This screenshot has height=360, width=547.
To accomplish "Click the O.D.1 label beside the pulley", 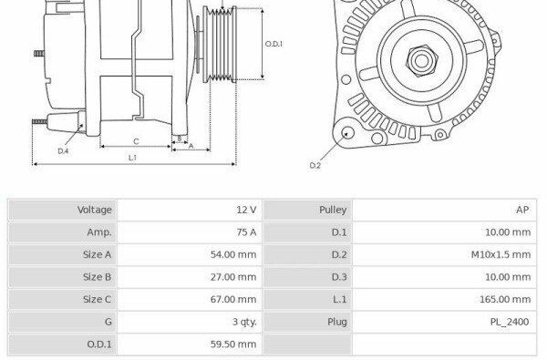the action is [x=273, y=44].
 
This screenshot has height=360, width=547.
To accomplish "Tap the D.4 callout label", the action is [x=63, y=151].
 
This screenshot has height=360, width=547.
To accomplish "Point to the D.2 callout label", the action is [x=315, y=165].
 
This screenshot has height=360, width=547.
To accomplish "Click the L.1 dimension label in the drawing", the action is [x=132, y=158].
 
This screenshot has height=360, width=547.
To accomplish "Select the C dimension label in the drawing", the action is [x=136, y=141].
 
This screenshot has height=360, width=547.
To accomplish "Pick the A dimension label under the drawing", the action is [x=191, y=146].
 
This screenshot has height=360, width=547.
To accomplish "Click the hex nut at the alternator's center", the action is [x=421, y=61].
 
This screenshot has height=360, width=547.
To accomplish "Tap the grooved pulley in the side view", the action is [x=220, y=45].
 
